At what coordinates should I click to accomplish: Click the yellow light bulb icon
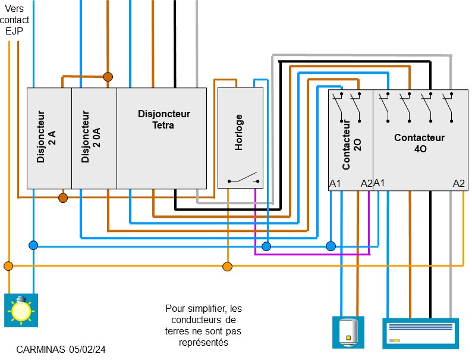(21, 309)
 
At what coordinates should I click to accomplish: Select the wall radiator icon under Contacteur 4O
(420, 332)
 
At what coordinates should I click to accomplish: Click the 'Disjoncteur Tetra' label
(163, 119)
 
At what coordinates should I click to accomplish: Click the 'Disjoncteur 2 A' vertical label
(46, 136)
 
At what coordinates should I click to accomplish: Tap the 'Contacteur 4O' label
(419, 143)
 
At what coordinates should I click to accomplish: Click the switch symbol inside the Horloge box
(243, 180)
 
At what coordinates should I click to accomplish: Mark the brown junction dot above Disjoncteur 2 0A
(108, 77)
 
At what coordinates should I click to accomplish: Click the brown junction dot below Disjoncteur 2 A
(63, 198)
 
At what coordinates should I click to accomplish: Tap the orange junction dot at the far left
(8, 265)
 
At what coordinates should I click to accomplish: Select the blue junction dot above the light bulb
(33, 245)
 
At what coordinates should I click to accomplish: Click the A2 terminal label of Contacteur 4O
(458, 183)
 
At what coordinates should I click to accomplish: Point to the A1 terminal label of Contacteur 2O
(335, 183)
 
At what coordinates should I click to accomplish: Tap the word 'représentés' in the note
(204, 343)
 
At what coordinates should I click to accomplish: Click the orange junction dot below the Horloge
(227, 265)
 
